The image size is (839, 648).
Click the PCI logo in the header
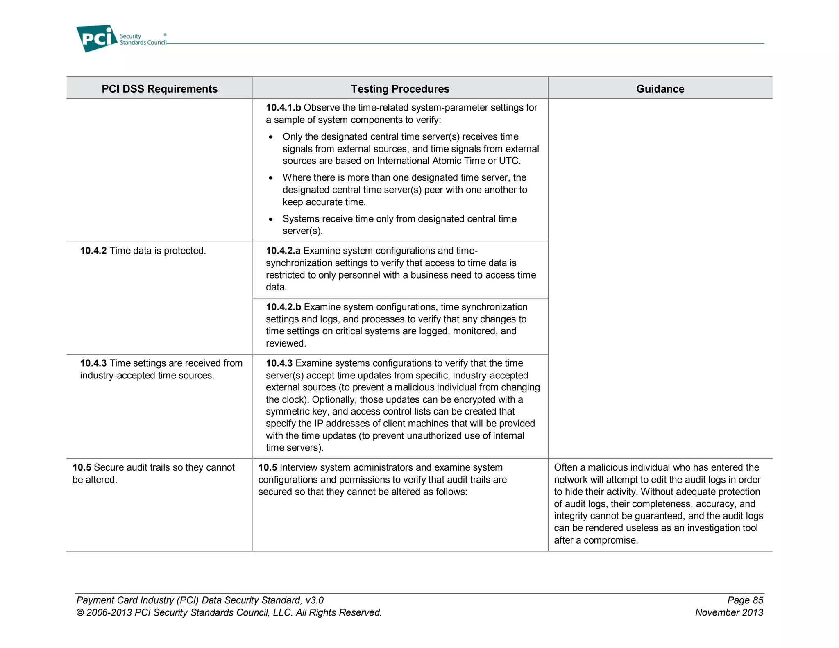[97, 39]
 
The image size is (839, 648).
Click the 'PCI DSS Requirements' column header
[159, 89]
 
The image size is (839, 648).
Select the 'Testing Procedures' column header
[400, 89]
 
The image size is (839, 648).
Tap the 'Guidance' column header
[660, 89]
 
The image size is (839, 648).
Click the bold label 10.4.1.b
[283, 108]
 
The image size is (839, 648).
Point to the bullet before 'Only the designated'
[271, 137]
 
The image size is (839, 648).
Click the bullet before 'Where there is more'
[271, 178]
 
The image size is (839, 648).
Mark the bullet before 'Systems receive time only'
[271, 220]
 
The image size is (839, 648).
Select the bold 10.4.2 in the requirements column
[93, 251]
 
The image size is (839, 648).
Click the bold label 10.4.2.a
[283, 251]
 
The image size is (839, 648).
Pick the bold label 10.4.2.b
[283, 307]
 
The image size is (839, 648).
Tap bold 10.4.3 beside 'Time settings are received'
[93, 363]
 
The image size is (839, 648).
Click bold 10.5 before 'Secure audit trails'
[82, 468]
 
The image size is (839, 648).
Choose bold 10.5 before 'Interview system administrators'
[268, 468]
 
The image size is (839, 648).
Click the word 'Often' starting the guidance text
[565, 468]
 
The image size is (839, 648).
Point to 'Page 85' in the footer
[745, 600]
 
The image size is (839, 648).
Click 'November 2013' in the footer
[729, 613]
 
